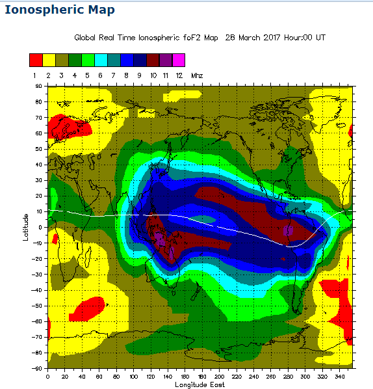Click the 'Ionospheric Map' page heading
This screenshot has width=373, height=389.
pyautogui.click(x=60, y=10)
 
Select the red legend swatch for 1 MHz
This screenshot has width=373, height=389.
pyautogui.click(x=36, y=60)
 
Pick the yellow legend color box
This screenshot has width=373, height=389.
pyautogui.click(x=49, y=60)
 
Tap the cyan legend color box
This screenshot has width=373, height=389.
pyautogui.click(x=101, y=60)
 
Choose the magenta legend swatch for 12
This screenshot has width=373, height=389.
pyautogui.click(x=179, y=60)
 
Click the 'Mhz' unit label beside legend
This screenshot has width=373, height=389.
pyautogui.click(x=197, y=76)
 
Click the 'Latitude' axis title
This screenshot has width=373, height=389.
pyautogui.click(x=26, y=227)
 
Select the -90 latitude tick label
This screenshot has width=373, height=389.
pyautogui.click(x=37, y=369)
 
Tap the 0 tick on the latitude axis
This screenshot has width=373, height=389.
pyautogui.click(x=40, y=227)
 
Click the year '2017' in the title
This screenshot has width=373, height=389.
pyautogui.click(x=273, y=38)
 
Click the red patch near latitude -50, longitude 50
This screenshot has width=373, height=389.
pyautogui.click(x=87, y=308)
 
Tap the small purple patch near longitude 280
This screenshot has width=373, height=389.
pyautogui.click(x=288, y=230)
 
